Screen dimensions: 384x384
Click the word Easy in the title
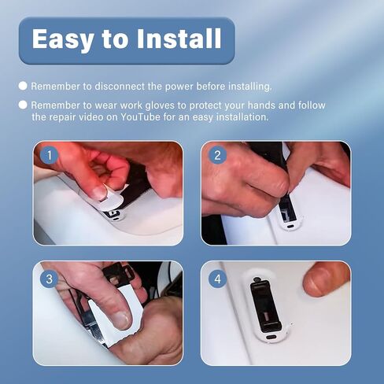click(62, 39)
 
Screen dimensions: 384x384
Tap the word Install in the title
click(179, 39)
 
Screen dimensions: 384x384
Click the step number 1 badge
click(50, 155)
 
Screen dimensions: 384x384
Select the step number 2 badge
click(217, 155)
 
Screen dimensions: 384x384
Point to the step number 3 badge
click(50, 279)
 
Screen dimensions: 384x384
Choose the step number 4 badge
click(217, 279)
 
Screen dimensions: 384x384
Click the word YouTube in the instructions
click(140, 117)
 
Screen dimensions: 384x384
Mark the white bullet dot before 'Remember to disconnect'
click(23, 86)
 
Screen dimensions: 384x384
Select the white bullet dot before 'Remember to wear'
click(23, 105)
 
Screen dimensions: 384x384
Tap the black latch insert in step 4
click(266, 305)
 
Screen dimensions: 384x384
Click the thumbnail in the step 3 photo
click(121, 320)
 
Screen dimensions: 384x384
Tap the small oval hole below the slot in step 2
click(290, 226)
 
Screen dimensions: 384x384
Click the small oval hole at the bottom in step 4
click(271, 337)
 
